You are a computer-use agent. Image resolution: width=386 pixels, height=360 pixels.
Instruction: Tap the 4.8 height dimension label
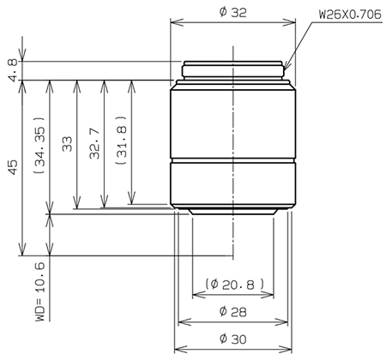click(11, 70)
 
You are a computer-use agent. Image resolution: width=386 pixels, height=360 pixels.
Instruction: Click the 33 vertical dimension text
click(67, 145)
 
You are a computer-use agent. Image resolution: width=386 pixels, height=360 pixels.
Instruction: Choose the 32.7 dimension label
click(93, 145)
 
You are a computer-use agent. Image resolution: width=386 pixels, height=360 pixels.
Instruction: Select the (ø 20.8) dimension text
click(233, 284)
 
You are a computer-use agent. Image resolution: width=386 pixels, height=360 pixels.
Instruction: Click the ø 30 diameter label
click(233, 339)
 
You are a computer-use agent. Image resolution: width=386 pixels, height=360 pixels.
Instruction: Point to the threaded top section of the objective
click(233, 69)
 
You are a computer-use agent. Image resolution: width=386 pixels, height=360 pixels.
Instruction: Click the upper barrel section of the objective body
click(233, 120)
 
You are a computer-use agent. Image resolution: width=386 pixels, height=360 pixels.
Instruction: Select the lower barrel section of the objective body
click(233, 183)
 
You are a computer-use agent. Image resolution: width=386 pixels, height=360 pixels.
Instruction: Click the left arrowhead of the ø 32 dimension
click(175, 23)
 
